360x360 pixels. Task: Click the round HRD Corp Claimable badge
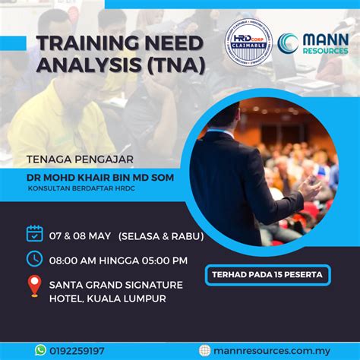(x=248, y=42)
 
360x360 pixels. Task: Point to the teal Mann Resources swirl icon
(x=288, y=43)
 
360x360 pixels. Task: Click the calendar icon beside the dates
(x=35, y=233)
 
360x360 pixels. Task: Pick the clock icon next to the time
(x=35, y=259)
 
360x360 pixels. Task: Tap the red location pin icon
(x=34, y=286)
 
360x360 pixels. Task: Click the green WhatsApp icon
(x=40, y=350)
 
